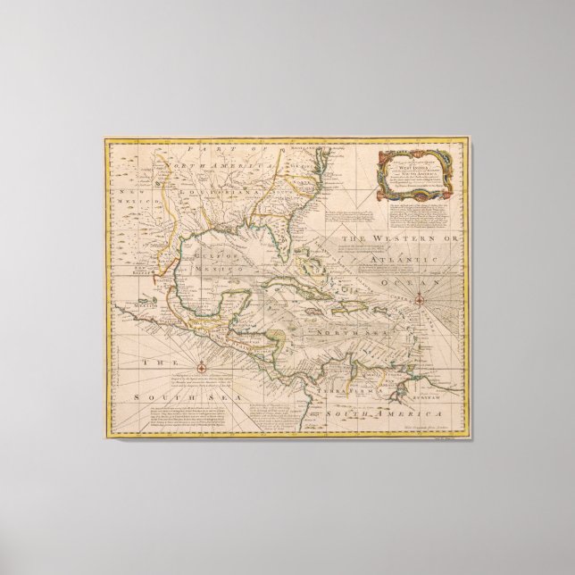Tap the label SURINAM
pyautogui.click(x=440, y=376)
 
